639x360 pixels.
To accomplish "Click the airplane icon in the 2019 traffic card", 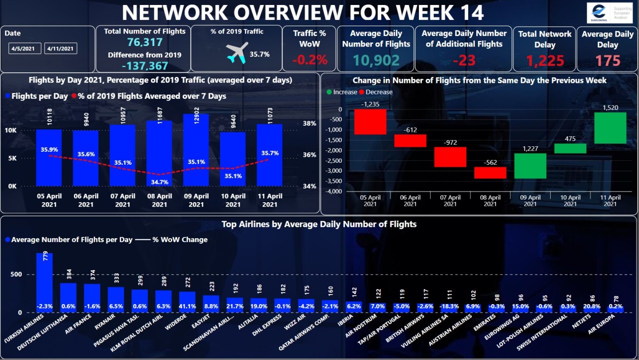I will [x=237, y=53].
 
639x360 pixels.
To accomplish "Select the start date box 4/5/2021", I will [x=25, y=48].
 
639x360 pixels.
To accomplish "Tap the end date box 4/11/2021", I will [x=60, y=48].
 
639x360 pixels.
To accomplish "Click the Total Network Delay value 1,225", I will [x=545, y=61].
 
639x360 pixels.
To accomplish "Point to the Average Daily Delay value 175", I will [x=607, y=61].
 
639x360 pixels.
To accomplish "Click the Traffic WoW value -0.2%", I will [x=310, y=60].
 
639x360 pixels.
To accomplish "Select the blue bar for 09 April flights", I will [x=196, y=150].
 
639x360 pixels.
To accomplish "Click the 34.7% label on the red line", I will [x=159, y=182].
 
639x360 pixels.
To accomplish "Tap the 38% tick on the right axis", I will [x=310, y=123].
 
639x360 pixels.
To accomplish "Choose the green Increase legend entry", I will [x=341, y=92].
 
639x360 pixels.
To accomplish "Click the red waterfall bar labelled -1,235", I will [x=370, y=122].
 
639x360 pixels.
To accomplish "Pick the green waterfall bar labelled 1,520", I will [x=610, y=128].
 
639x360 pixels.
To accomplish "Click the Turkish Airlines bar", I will [x=44, y=282].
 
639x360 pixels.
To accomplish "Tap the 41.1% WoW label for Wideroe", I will [x=187, y=307].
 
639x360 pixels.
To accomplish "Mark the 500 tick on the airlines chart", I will [x=15, y=274].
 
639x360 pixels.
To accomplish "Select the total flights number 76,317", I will [x=144, y=42].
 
